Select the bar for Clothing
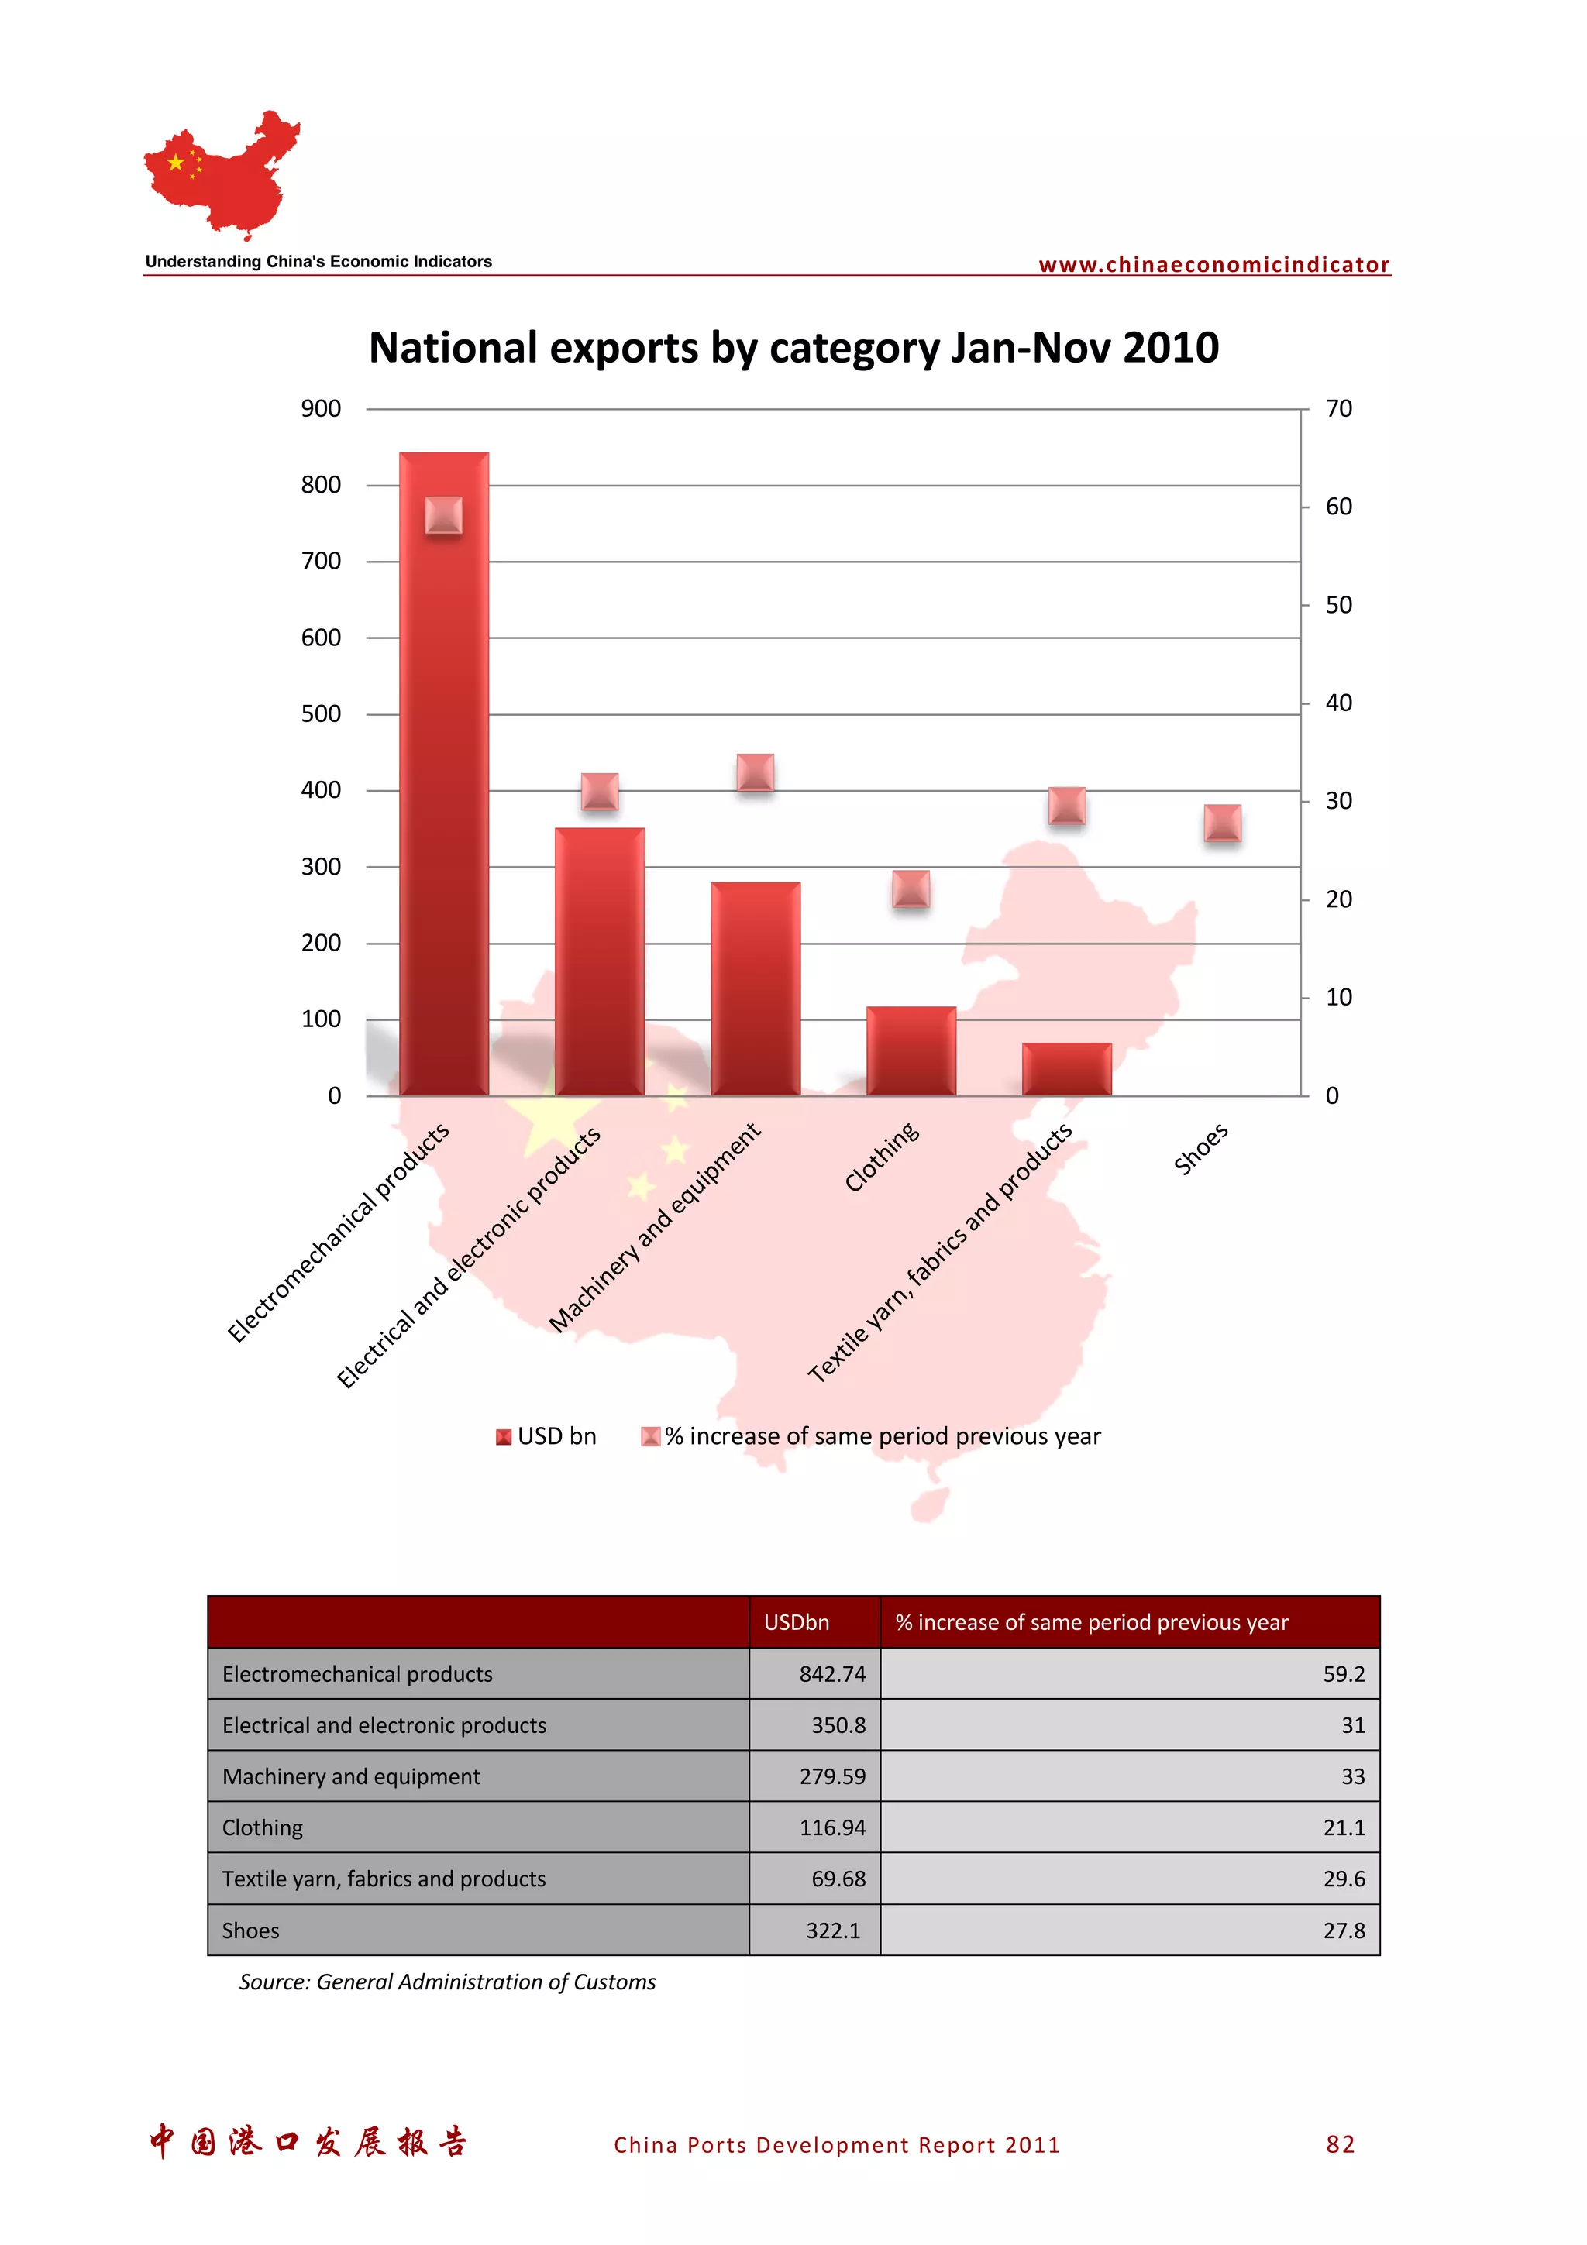(x=911, y=1050)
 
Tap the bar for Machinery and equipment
(x=755, y=988)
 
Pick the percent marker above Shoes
(x=1222, y=823)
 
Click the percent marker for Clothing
(x=911, y=889)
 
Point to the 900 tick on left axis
(x=321, y=409)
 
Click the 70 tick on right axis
(x=1338, y=409)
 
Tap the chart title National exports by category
(x=793, y=348)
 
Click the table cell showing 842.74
(x=831, y=1674)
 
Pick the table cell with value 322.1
(x=832, y=1930)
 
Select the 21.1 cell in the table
(x=1344, y=1827)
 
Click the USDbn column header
(x=796, y=1622)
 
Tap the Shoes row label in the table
(x=251, y=1930)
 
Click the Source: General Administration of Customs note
(x=447, y=1982)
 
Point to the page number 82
(x=1340, y=2144)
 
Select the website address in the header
(x=1213, y=264)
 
